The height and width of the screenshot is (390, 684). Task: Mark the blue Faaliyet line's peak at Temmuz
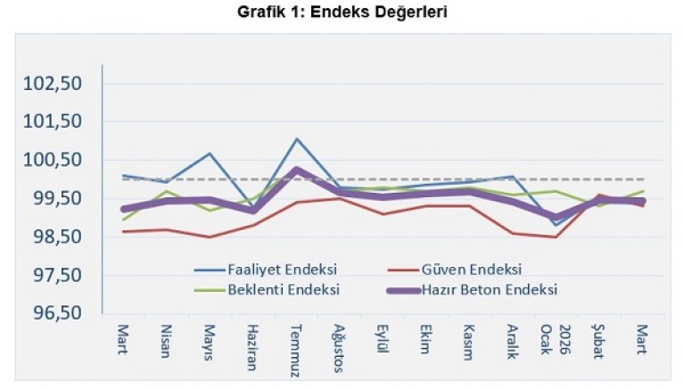[x=296, y=139]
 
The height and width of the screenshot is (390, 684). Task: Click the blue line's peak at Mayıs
[x=209, y=154]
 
